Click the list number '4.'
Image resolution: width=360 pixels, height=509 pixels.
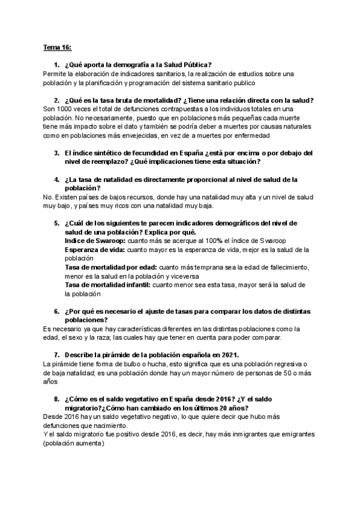coord(56,179)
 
